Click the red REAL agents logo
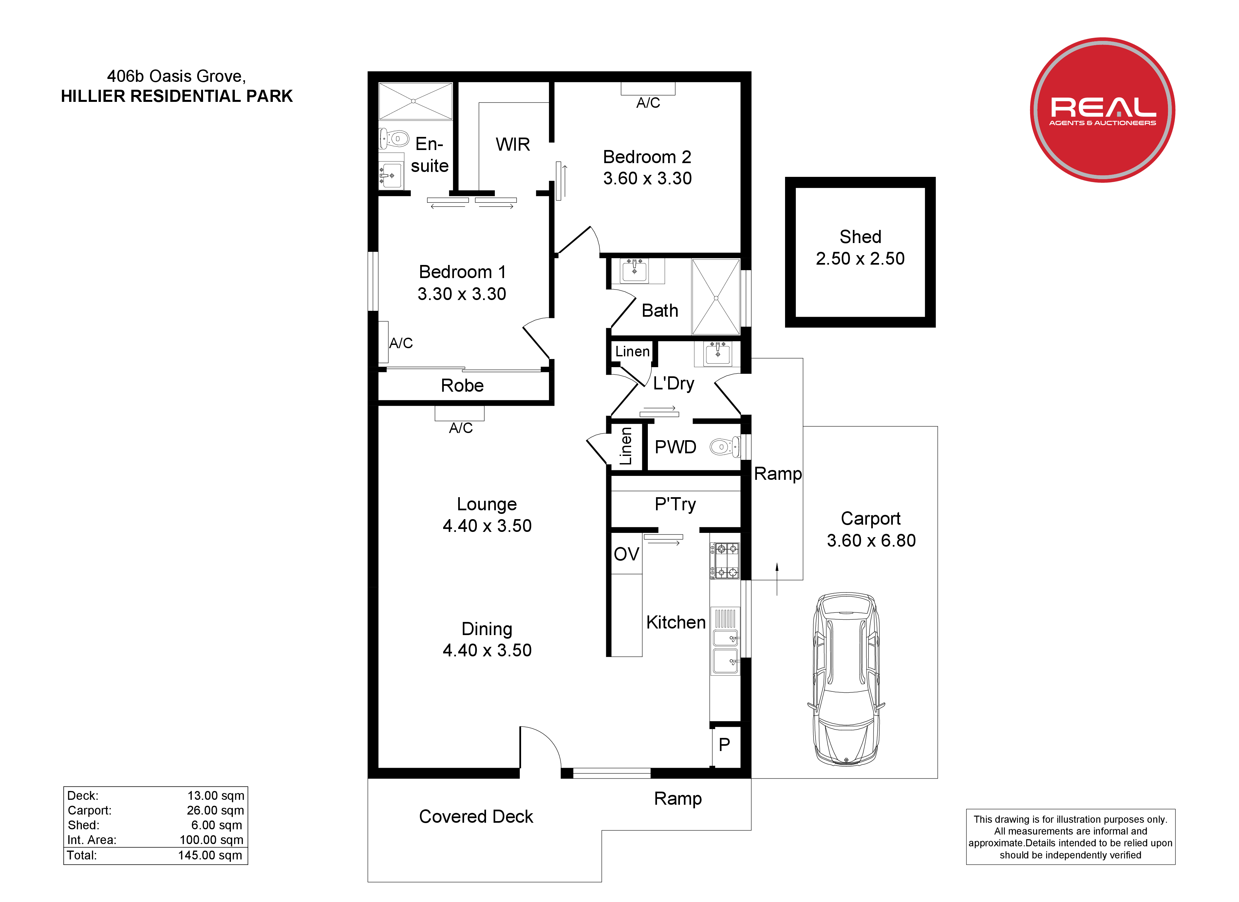(x=1102, y=110)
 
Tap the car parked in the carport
(x=846, y=679)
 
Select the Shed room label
(x=860, y=236)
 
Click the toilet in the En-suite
(x=394, y=139)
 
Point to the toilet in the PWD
(x=724, y=447)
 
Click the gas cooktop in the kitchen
(x=725, y=560)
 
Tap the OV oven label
(x=626, y=554)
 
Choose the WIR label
(x=513, y=144)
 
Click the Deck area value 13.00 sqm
(x=216, y=796)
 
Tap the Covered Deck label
(x=476, y=816)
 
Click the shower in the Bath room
(x=716, y=297)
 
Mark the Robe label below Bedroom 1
(x=462, y=386)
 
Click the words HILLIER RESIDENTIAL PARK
(x=177, y=96)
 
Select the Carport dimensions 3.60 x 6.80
(x=871, y=540)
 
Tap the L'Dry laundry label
(x=674, y=384)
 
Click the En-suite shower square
(x=416, y=101)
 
